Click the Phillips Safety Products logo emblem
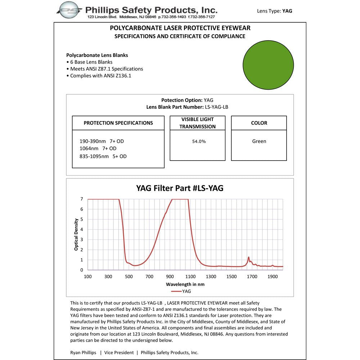tap(70, 10)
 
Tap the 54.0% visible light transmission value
tap(199, 141)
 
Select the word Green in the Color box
tap(259, 141)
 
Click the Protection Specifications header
tap(118, 123)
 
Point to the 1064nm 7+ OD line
tap(98, 148)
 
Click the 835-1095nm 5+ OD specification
tap(103, 156)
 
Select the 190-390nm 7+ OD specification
tap(102, 141)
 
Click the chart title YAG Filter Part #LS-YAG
tap(180, 188)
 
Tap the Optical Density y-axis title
tap(76, 234)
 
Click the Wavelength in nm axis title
tap(185, 284)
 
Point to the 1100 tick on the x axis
tap(190, 276)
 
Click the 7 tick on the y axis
tap(82, 199)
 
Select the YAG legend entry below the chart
tap(181, 291)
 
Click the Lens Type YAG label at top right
tap(274, 11)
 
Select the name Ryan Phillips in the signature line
tap(83, 352)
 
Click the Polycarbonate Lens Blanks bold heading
tap(97, 55)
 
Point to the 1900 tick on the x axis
tap(273, 276)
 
